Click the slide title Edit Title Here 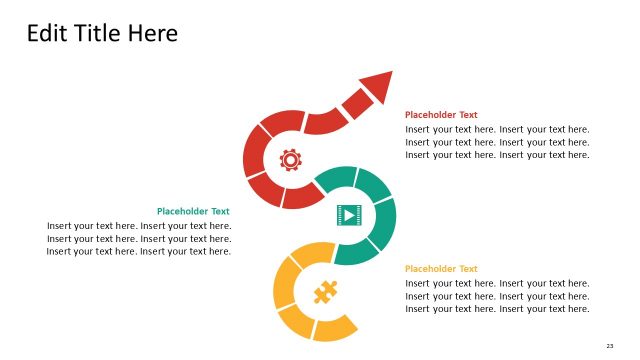pyautogui.click(x=102, y=34)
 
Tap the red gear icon pyautogui.click(x=290, y=159)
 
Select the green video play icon pyautogui.click(x=347, y=214)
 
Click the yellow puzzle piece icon pyautogui.click(x=324, y=292)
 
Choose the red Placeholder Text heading pyautogui.click(x=441, y=115)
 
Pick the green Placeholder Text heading pyautogui.click(x=193, y=211)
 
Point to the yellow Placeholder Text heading pyautogui.click(x=441, y=269)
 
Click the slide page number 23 pyautogui.click(x=610, y=346)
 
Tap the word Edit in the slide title pyautogui.click(x=46, y=34)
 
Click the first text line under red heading pyautogui.click(x=497, y=129)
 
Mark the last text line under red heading pyautogui.click(x=497, y=155)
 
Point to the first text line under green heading pyautogui.click(x=139, y=225)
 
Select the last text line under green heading pyautogui.click(x=139, y=251)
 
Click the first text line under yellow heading pyautogui.click(x=497, y=283)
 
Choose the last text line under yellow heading pyautogui.click(x=497, y=309)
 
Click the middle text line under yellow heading pyautogui.click(x=497, y=296)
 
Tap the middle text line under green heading pyautogui.click(x=139, y=238)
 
